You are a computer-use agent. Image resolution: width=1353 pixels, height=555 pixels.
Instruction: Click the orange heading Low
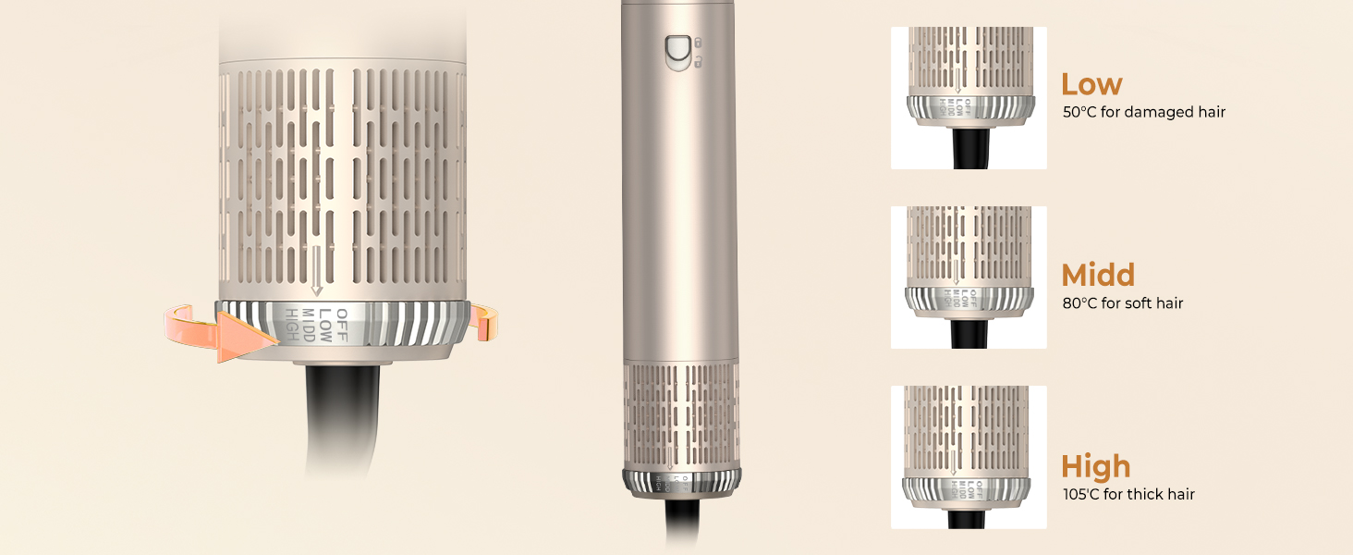pyautogui.click(x=1091, y=85)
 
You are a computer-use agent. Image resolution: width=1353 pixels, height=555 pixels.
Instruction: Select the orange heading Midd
pyautogui.click(x=1098, y=276)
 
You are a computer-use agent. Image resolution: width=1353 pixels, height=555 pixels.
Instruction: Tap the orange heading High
pyautogui.click(x=1095, y=466)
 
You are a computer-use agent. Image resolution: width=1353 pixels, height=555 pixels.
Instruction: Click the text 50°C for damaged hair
pyautogui.click(x=1144, y=112)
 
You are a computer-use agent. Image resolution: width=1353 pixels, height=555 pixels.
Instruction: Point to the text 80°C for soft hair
pyautogui.click(x=1123, y=303)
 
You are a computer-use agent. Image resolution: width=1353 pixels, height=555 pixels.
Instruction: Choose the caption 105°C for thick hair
pyautogui.click(x=1128, y=495)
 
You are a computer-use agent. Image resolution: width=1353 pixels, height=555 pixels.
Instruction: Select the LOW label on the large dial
pyautogui.click(x=325, y=323)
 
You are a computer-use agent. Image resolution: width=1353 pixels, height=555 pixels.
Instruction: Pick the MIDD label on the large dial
pyautogui.click(x=309, y=324)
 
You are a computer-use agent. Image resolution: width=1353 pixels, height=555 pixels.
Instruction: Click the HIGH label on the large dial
pyautogui.click(x=293, y=325)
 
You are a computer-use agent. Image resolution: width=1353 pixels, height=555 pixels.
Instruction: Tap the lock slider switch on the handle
pyautogui.click(x=677, y=52)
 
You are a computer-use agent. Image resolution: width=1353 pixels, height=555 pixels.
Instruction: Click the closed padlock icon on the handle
pyautogui.click(x=698, y=42)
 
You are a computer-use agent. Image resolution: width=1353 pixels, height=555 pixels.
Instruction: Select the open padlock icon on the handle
pyautogui.click(x=698, y=62)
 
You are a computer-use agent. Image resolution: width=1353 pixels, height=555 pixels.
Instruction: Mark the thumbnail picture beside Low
pyautogui.click(x=968, y=98)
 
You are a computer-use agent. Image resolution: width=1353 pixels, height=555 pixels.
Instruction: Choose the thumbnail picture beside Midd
pyautogui.click(x=968, y=277)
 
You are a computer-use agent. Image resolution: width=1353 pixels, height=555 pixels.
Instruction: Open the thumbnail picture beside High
pyautogui.click(x=968, y=457)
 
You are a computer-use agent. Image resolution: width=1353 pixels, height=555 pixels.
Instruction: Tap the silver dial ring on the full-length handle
pyautogui.click(x=681, y=483)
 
